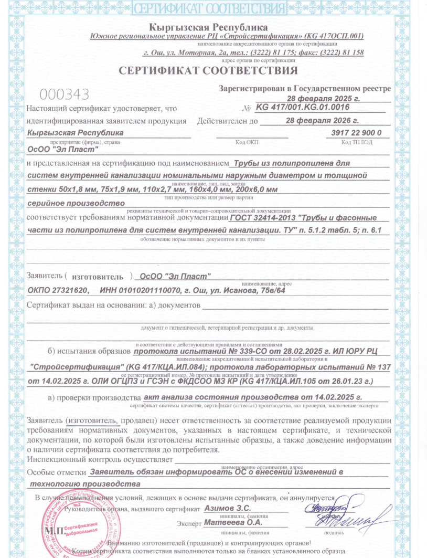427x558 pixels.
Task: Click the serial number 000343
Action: [x=65, y=94]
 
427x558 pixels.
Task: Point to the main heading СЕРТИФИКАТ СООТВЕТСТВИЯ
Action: [x=208, y=70]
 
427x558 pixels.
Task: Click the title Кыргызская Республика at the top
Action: [x=208, y=27]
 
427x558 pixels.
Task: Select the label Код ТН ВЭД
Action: [x=357, y=142]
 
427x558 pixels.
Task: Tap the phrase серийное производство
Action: [x=76, y=203]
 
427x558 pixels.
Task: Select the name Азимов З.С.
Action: [x=228, y=508]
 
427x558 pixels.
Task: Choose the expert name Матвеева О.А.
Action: [x=233, y=522]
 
